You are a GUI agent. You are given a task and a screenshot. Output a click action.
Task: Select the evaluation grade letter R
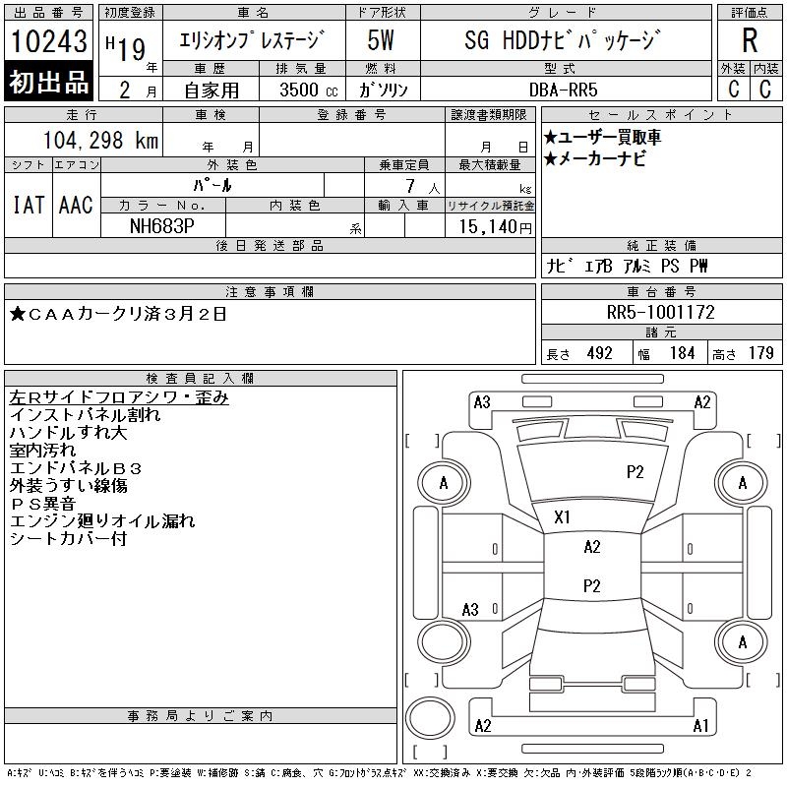pos(750,40)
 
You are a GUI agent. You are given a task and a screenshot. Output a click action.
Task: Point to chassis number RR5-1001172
pos(661,312)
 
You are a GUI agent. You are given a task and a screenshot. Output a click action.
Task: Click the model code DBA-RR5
pos(563,90)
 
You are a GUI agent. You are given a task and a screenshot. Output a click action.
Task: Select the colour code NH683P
pos(163,225)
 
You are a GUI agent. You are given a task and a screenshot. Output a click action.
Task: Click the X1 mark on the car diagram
pos(563,517)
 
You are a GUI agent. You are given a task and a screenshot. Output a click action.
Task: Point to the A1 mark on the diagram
pos(700,726)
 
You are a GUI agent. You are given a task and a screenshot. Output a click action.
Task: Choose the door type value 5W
pos(382,41)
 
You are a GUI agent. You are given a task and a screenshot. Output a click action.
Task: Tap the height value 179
pos(760,353)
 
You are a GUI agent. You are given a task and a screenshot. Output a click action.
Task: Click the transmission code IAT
pos(28,205)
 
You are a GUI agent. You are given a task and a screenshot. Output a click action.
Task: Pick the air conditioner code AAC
pos(76,205)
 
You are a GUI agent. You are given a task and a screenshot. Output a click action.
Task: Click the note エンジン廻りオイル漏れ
pos(101,521)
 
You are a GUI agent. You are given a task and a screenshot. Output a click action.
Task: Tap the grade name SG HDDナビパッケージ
pos(562,41)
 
